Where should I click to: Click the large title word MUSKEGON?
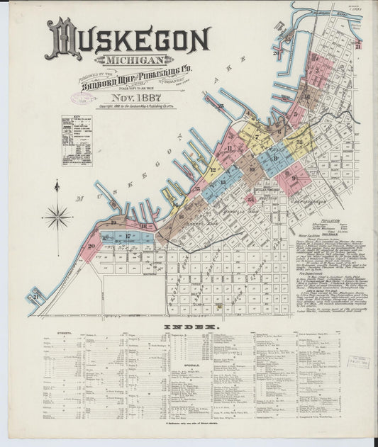coord(128,40)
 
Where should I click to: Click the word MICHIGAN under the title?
coord(134,61)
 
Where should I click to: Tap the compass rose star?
coord(57,215)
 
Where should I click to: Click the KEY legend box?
coord(76,140)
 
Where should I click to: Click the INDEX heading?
coord(189,327)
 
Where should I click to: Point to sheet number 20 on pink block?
coord(91,247)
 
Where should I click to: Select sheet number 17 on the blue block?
coord(128,236)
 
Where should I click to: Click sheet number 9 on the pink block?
coord(294,179)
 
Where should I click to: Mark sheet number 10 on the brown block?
coord(252,169)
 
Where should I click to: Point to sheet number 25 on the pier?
coord(222,107)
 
